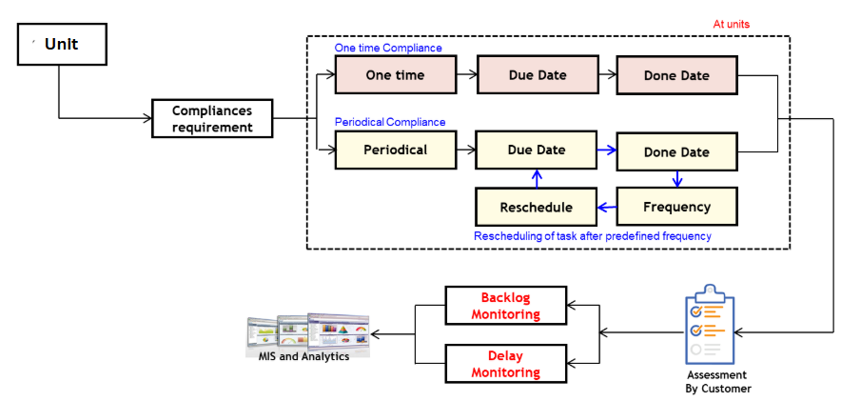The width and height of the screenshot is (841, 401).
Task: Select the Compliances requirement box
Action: [212, 119]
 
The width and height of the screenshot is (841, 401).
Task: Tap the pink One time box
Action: [395, 75]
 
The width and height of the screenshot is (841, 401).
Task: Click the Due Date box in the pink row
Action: [536, 75]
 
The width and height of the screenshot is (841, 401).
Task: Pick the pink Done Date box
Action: [676, 75]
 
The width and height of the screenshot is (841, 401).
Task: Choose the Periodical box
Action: [395, 150]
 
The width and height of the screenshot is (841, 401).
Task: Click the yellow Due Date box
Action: [536, 150]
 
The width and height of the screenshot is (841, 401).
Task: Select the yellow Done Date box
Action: [676, 151]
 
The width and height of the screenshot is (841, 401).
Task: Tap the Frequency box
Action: [676, 207]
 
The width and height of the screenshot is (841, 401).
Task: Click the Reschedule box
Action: [536, 207]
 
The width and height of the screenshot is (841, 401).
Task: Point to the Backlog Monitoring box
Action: [505, 306]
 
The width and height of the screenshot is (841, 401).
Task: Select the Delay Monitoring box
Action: [505, 364]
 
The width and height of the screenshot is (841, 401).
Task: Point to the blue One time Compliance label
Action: [388, 48]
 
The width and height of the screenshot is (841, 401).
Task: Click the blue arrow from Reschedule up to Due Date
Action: [537, 178]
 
